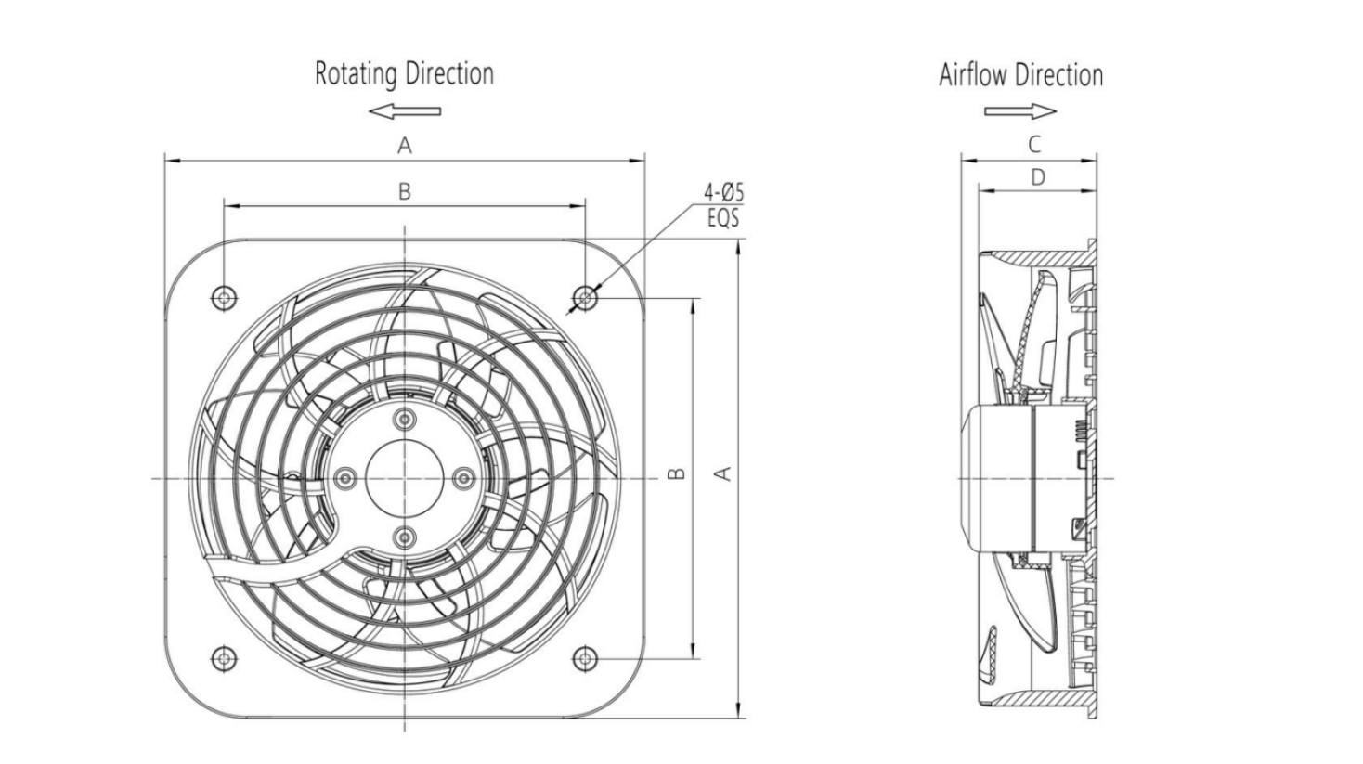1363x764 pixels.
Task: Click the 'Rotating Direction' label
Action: coord(404,73)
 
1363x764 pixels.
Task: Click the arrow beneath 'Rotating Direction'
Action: coord(405,111)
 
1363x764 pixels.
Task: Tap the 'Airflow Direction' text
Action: coord(1020,75)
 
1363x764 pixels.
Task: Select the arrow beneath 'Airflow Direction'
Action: coord(1020,111)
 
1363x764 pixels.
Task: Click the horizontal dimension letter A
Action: coord(405,146)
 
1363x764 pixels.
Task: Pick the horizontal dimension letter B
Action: coord(405,191)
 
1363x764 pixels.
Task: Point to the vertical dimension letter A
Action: coord(724,473)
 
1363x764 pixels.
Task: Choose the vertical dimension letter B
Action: coord(677,473)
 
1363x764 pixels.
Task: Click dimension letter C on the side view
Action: coord(1033,145)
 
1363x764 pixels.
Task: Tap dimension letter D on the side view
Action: coord(1037,177)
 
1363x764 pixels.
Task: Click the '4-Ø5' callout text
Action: coord(723,193)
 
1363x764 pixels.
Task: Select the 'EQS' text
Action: coord(723,218)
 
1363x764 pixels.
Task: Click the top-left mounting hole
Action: coord(224,298)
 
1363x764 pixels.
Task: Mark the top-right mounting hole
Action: coord(585,297)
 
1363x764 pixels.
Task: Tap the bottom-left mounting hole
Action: coord(224,658)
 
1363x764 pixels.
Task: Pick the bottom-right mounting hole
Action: coord(585,658)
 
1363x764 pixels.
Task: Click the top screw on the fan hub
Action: coord(405,419)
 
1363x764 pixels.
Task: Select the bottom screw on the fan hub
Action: coord(405,537)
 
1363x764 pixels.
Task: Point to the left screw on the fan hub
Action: coord(345,478)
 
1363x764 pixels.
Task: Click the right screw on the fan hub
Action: coord(463,478)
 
